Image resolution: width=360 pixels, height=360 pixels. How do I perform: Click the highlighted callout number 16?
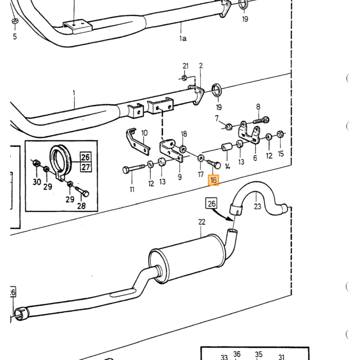coord(213,180)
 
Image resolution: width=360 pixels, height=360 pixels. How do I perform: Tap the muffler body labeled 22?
coord(186,258)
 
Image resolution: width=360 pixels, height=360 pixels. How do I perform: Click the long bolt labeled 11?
coord(134,169)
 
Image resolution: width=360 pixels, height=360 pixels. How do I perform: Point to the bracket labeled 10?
coord(137,141)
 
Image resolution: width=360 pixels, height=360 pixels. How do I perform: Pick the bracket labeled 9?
coord(171,150)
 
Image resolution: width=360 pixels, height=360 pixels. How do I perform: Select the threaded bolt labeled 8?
coord(261,120)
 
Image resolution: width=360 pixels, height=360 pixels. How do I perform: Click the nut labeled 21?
coord(184,78)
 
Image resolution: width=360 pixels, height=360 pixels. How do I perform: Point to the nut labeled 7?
coord(228,127)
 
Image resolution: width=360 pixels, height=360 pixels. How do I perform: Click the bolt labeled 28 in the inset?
coord(82,191)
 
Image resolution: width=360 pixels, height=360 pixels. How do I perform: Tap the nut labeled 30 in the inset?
coord(37,163)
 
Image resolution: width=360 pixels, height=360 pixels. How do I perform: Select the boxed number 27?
coord(86,167)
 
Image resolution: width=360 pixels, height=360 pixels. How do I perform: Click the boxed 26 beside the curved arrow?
coord(211,203)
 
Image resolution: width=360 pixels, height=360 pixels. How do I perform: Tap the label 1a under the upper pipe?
coord(183,39)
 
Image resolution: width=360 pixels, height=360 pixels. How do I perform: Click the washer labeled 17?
coord(201,158)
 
